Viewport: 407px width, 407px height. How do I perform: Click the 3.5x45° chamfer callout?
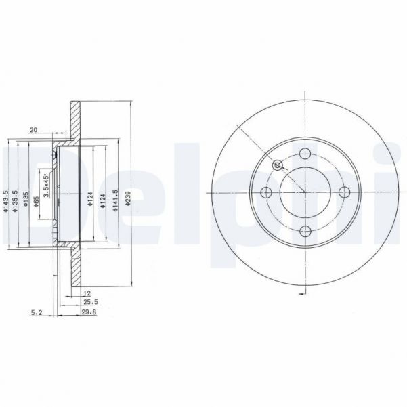[x=46, y=184]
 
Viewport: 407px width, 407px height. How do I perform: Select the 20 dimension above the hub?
[x=33, y=130]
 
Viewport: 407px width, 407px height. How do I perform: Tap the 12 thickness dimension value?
[x=87, y=293]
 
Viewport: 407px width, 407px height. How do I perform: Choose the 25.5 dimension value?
[x=89, y=302]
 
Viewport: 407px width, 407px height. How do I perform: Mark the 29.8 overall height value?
[x=89, y=312]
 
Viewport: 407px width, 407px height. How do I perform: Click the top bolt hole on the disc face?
[x=304, y=153]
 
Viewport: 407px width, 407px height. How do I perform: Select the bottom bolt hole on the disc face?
[x=304, y=230]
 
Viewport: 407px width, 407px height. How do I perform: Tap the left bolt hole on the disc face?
[x=265, y=192]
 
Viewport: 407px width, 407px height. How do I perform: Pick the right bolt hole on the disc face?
[x=343, y=192]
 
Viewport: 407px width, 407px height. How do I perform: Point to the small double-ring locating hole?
[x=276, y=165]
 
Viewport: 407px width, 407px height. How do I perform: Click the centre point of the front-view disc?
[x=304, y=192]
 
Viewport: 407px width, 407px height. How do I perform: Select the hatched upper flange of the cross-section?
[x=74, y=122]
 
